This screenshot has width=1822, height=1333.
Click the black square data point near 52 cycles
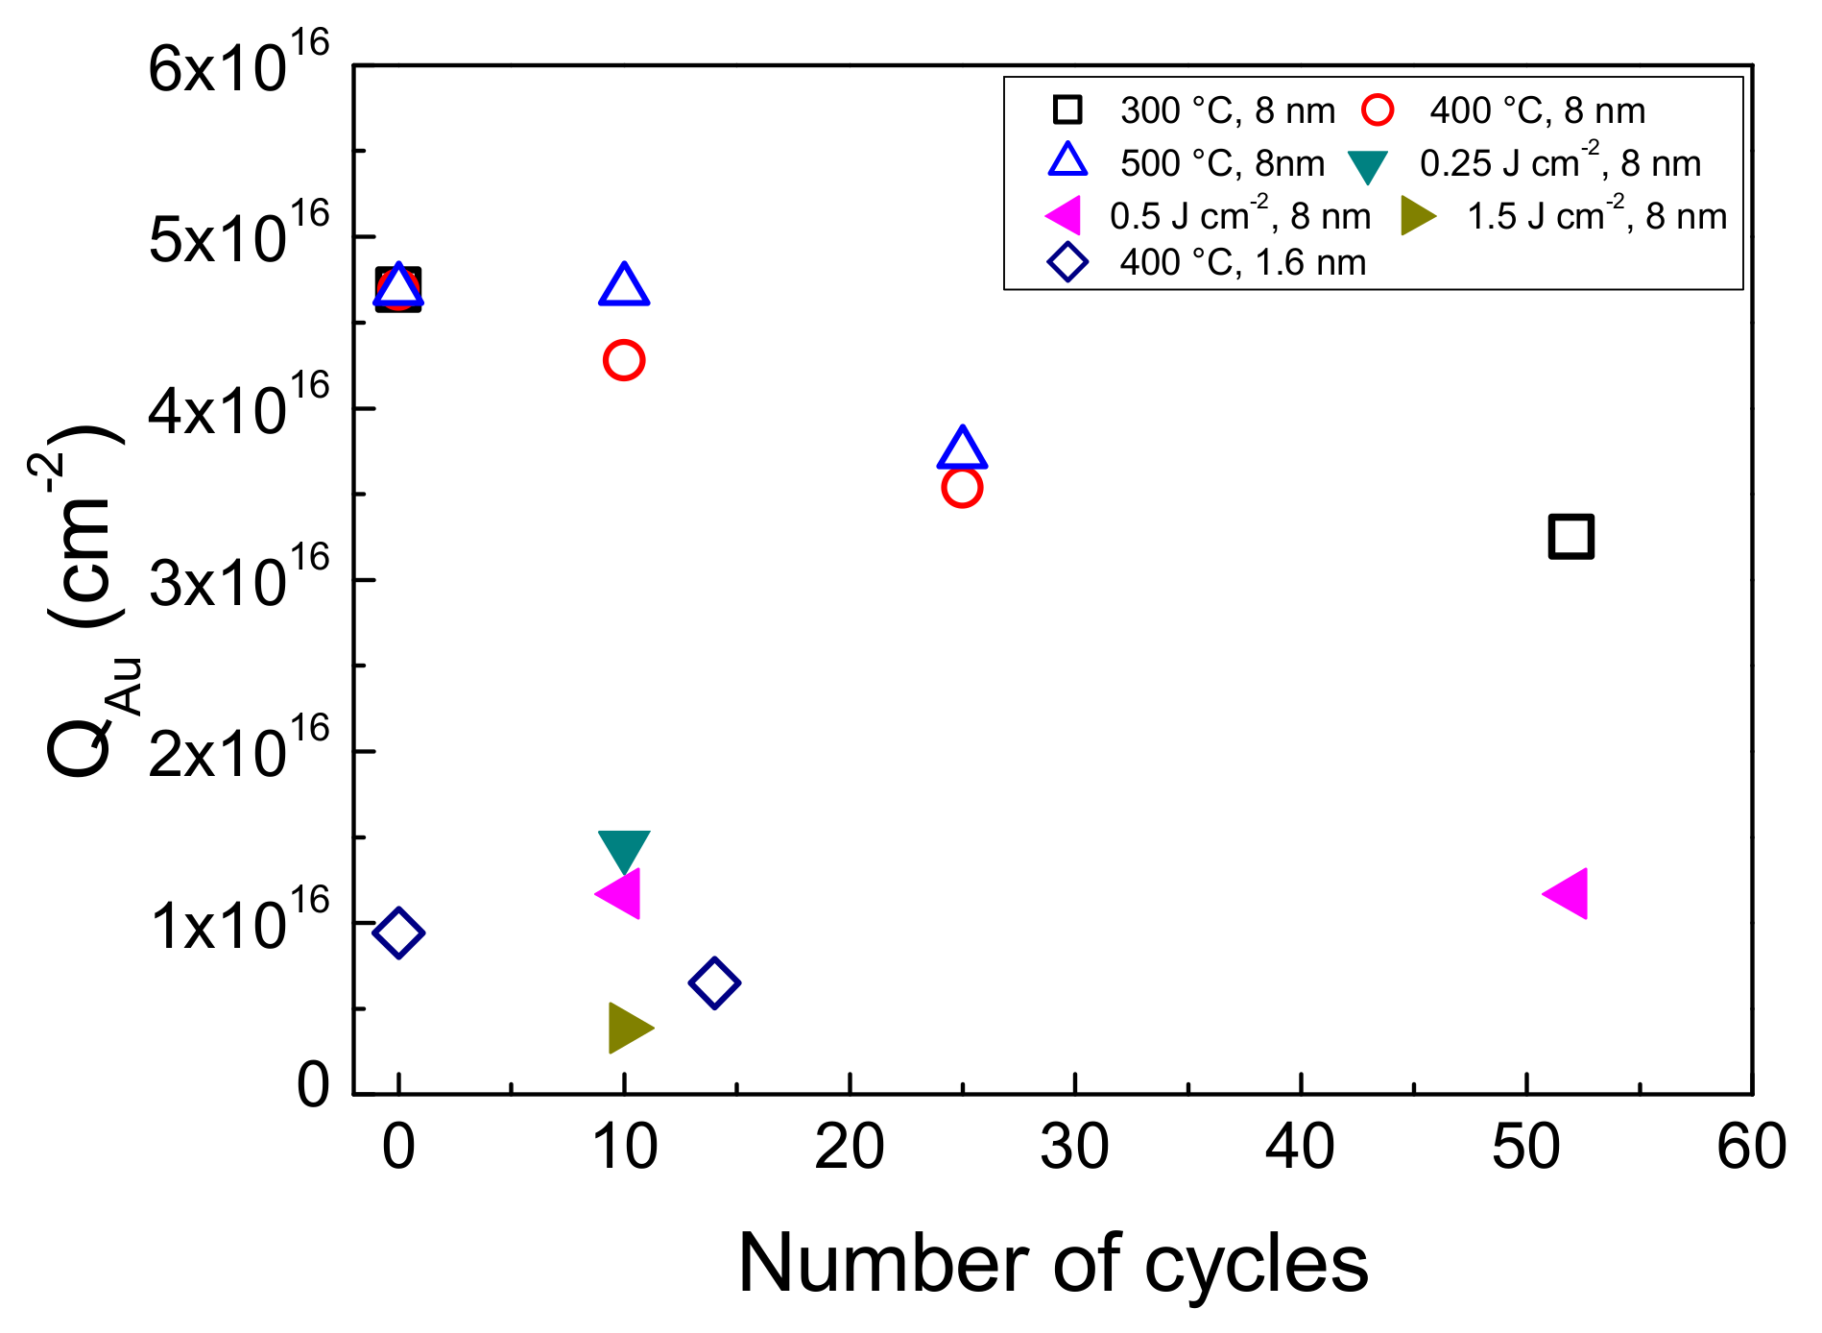click(x=1570, y=536)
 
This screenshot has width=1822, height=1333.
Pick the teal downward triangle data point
click(x=624, y=849)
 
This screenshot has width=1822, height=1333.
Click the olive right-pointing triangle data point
click(x=628, y=1028)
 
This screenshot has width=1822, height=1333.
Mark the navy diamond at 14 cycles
click(x=714, y=982)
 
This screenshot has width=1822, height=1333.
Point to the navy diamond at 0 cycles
click(x=398, y=932)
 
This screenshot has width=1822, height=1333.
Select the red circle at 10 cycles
click(x=624, y=360)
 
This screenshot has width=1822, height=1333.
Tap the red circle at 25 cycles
click(x=962, y=488)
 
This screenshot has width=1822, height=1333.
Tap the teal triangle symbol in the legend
click(x=1367, y=166)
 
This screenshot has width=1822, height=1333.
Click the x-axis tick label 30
click(x=1075, y=1147)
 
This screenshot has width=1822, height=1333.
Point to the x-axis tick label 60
click(x=1751, y=1147)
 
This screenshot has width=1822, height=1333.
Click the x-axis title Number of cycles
click(x=1053, y=1264)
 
